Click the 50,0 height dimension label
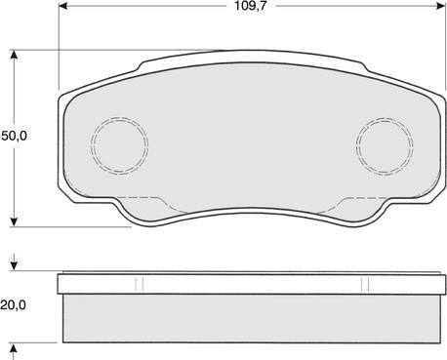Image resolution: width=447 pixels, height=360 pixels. tap(14, 136)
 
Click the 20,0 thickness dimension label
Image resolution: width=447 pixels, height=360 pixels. tap(13, 305)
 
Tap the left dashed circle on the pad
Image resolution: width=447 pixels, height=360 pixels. tap(120, 145)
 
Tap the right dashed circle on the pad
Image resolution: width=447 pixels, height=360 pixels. tap(385, 146)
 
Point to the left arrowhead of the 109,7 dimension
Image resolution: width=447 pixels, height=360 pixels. tap(63, 6)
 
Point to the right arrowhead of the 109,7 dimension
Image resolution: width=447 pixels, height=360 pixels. tap(440, 6)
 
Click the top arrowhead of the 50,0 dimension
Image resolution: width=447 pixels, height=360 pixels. tap(14, 55)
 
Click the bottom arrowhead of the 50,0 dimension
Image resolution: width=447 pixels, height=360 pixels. tap(14, 221)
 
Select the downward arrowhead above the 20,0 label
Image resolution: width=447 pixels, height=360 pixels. tap(14, 265)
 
